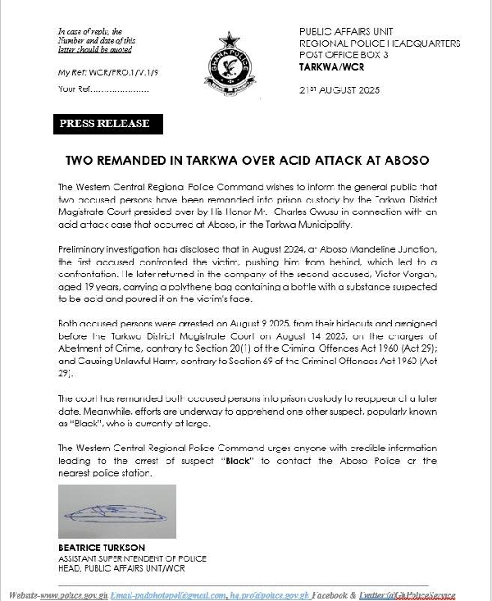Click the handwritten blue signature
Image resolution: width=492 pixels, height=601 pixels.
click(116, 512)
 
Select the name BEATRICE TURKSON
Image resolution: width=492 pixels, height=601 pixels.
click(103, 548)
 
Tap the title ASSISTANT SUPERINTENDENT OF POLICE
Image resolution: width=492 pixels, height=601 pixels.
click(132, 558)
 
